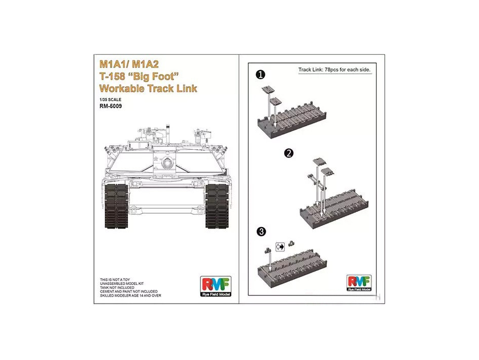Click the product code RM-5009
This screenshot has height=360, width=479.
click(x=111, y=106)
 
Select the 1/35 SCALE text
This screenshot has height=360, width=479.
click(x=110, y=100)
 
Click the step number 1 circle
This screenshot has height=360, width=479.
click(x=260, y=75)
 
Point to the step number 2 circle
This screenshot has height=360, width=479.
click(x=289, y=153)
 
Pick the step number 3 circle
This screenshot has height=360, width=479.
click(x=261, y=232)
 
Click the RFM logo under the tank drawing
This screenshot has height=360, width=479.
click(x=216, y=286)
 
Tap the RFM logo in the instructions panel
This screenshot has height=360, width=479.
click(x=359, y=283)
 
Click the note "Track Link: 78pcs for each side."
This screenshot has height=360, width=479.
click(x=334, y=70)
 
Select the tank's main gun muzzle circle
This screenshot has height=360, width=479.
click(x=167, y=162)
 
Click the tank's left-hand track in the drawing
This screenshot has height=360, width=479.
click(x=116, y=206)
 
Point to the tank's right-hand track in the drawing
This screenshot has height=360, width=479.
click(x=217, y=206)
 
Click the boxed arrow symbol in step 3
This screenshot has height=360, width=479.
click(x=280, y=247)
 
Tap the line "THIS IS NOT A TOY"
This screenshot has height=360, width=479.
click(x=115, y=280)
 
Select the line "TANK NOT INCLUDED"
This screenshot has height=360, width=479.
click(x=117, y=287)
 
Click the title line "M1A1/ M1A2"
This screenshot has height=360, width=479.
click(x=129, y=64)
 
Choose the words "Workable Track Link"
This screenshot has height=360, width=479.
click(x=149, y=88)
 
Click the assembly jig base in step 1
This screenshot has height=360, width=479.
click(x=292, y=121)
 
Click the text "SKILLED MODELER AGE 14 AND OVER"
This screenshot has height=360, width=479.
click(x=130, y=296)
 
